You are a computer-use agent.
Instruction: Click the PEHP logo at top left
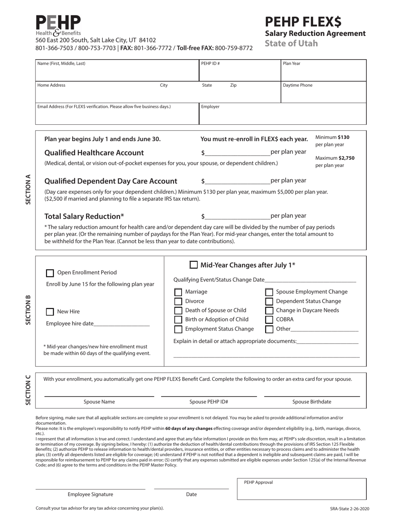[x=58, y=25]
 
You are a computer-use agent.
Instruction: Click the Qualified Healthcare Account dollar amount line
[x=237, y=153]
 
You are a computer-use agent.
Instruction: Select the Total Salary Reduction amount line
[x=237, y=216]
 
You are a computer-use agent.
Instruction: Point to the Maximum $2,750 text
[x=335, y=158]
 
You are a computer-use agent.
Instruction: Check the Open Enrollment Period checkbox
[x=50, y=273]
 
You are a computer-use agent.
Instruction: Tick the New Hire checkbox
[x=50, y=312]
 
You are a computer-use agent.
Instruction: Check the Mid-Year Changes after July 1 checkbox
[x=193, y=265]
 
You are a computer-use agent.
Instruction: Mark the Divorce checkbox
[x=179, y=301]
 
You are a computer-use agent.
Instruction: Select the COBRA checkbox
[x=269, y=320]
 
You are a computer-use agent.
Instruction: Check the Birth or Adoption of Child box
[x=179, y=320]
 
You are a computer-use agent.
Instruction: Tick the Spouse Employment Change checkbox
[x=269, y=292]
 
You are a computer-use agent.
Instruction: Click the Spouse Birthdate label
[x=312, y=402]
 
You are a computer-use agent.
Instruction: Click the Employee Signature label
[x=90, y=494]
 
